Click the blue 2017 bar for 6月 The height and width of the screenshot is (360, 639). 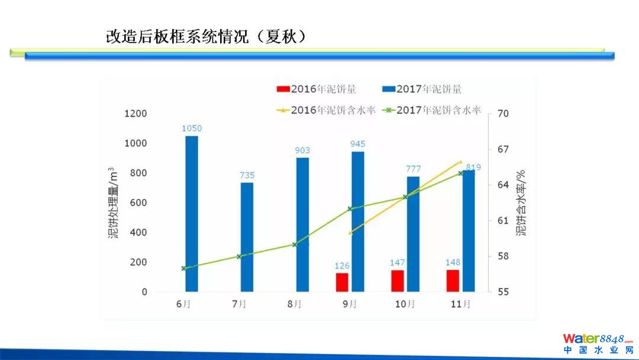tap(192, 213)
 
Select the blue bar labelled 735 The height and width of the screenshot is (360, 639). tap(247, 237)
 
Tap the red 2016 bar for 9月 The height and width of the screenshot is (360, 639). tap(342, 282)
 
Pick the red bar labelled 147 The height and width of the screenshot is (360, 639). tap(397, 281)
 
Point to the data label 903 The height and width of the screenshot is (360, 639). tap(302, 150)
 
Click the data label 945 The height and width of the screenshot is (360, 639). tap(357, 144)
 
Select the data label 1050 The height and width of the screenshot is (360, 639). tap(192, 128)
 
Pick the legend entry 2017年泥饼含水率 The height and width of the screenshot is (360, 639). tap(432, 110)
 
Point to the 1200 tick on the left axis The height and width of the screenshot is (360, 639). tap(135, 114)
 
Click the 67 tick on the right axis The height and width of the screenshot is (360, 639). tap(503, 149)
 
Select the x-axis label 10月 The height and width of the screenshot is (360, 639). tap(405, 304)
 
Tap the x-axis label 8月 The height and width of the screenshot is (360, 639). tap(295, 304)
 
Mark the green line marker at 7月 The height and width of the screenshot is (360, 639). tap(239, 256)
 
